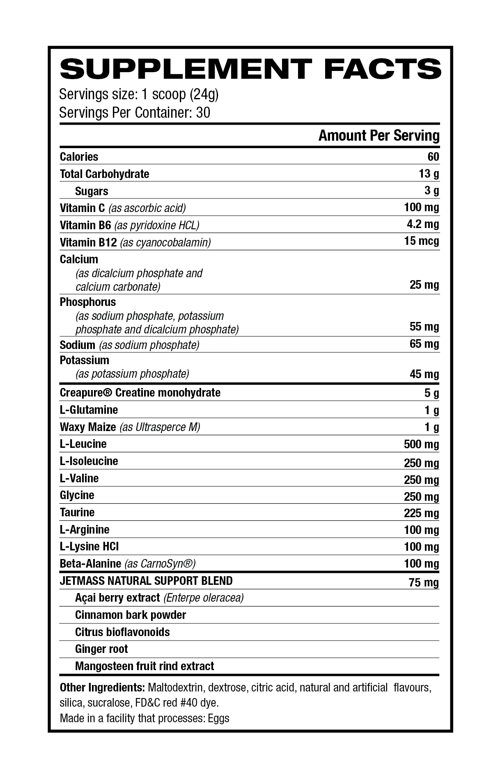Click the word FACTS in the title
click(x=383, y=68)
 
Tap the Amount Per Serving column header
click(x=379, y=135)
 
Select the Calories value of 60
click(x=433, y=157)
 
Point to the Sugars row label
click(x=92, y=191)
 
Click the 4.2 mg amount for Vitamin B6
click(x=422, y=224)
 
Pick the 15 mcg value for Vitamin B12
click(x=421, y=241)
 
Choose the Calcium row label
click(x=79, y=259)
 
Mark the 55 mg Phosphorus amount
click(x=424, y=327)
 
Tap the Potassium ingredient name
click(x=84, y=360)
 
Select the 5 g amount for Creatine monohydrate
click(x=431, y=393)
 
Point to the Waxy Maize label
click(x=88, y=427)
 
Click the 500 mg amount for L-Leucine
click(x=421, y=445)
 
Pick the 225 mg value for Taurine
click(x=421, y=513)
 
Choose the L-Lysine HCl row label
click(x=89, y=546)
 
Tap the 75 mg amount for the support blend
click(x=424, y=583)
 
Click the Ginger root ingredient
click(x=101, y=649)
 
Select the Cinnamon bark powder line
click(x=131, y=615)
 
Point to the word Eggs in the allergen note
click(x=218, y=718)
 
